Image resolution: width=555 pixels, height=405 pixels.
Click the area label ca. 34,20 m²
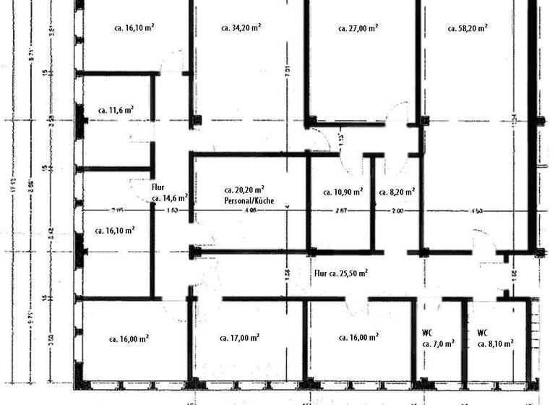[240, 28]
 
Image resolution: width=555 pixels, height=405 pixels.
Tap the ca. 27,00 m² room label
[358, 28]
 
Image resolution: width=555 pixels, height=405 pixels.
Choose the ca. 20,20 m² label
[243, 189]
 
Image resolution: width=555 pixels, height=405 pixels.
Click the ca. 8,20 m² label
[397, 192]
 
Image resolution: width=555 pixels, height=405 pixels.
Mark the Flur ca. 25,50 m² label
[342, 273]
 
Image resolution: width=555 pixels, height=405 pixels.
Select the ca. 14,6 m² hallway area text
[170, 197]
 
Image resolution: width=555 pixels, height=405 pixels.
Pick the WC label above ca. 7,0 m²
[427, 333]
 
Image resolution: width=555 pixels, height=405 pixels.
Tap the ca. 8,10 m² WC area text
[495, 345]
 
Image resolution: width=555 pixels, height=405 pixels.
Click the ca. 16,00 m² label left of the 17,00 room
[129, 338]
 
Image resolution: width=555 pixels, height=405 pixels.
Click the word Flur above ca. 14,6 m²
[158, 187]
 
